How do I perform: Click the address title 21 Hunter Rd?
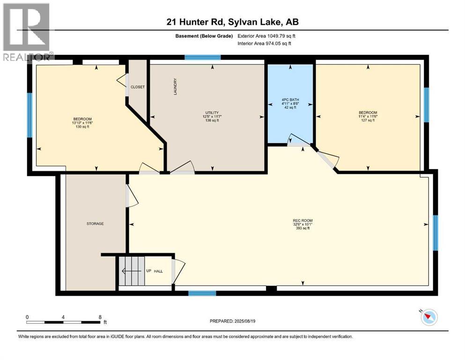[232, 22]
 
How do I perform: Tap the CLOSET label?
[138, 87]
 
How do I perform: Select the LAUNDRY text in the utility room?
[175, 87]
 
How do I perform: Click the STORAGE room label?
[95, 224]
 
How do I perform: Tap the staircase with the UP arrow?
[131, 270]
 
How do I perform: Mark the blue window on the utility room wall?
[202, 58]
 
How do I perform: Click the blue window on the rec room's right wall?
[435, 232]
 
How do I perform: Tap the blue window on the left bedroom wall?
[30, 115]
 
